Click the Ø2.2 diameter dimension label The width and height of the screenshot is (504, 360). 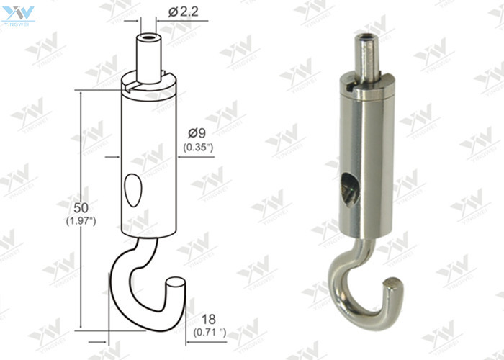coord(183,12)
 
